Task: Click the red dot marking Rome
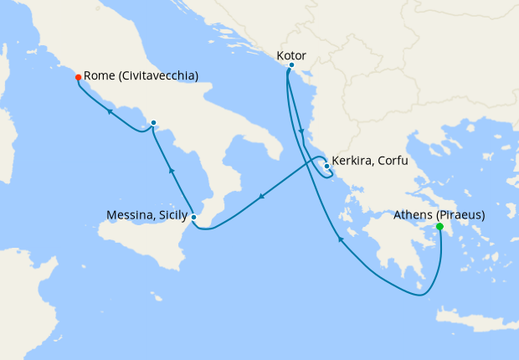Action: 78,77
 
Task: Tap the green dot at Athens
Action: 439,227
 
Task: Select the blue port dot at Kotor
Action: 291,65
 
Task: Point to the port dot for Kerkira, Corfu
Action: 326,166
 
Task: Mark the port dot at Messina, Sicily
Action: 194,218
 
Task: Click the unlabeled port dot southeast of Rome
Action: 153,123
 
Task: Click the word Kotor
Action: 291,55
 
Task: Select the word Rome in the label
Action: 100,76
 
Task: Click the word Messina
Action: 130,215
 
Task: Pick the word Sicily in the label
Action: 171,215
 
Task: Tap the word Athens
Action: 413,214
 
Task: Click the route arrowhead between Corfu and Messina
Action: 262,198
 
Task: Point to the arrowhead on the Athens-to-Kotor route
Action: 341,240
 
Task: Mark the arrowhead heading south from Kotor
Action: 300,131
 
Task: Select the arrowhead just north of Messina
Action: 171,171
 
